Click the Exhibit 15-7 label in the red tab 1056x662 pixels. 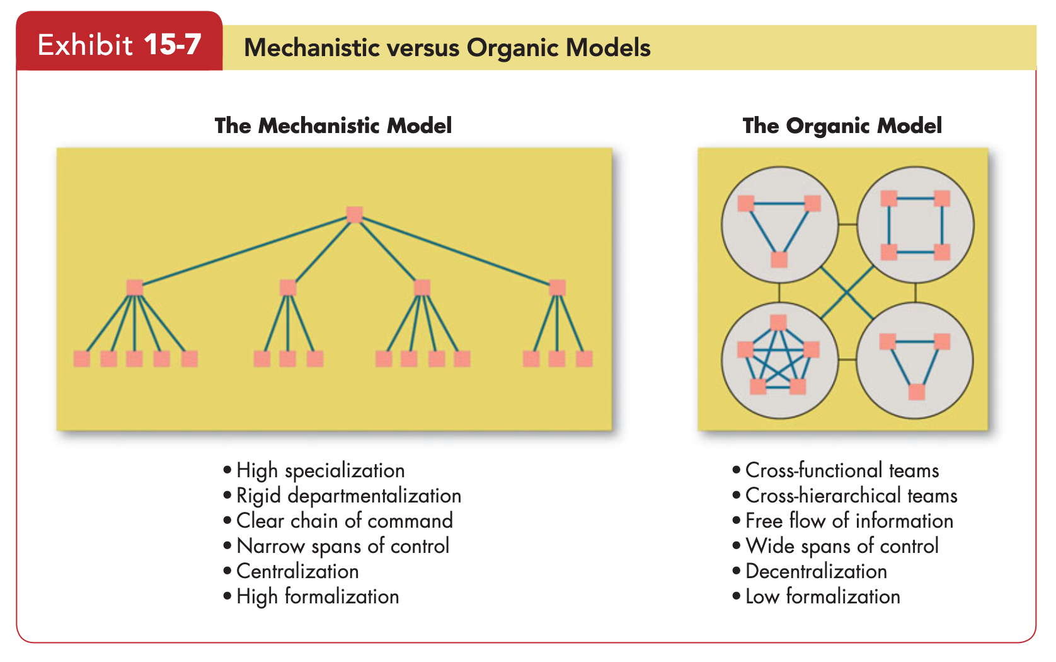click(119, 45)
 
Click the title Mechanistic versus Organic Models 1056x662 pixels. click(447, 48)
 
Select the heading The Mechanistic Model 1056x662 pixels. click(333, 125)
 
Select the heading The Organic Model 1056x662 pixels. click(842, 125)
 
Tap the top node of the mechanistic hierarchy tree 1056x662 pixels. click(355, 214)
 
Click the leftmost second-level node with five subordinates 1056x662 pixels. click(135, 287)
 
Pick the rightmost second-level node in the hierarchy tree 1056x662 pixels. click(557, 287)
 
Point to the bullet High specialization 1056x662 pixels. click(314, 470)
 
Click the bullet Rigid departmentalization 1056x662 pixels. click(342, 496)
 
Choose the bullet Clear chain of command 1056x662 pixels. click(338, 521)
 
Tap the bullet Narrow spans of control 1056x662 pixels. click(336, 546)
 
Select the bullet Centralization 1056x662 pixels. click(291, 571)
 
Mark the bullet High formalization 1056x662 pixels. click(311, 596)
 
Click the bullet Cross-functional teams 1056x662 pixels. click(836, 470)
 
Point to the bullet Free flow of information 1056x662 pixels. click(843, 521)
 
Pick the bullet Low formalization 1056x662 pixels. click(817, 596)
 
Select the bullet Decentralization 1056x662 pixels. click(810, 571)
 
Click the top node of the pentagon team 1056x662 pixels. click(778, 323)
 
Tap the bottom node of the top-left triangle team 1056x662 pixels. click(779, 260)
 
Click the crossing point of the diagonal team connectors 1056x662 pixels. click(847, 293)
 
